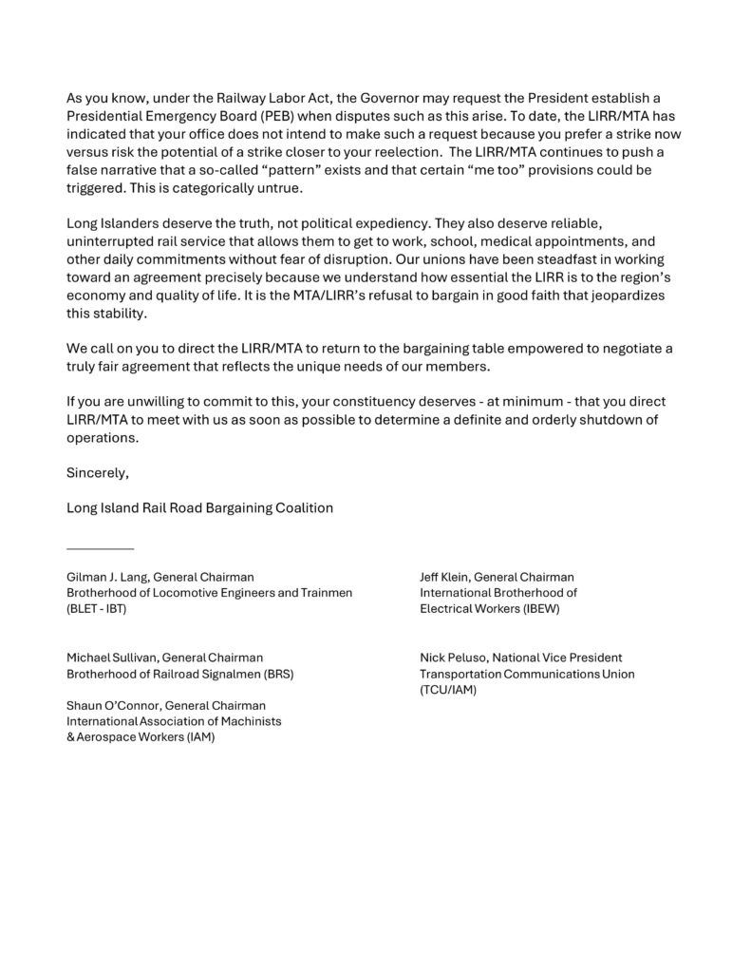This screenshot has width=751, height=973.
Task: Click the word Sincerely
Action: (96, 470)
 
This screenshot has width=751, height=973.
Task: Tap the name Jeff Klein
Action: (444, 577)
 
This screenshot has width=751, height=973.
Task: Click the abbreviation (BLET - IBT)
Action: (96, 608)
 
